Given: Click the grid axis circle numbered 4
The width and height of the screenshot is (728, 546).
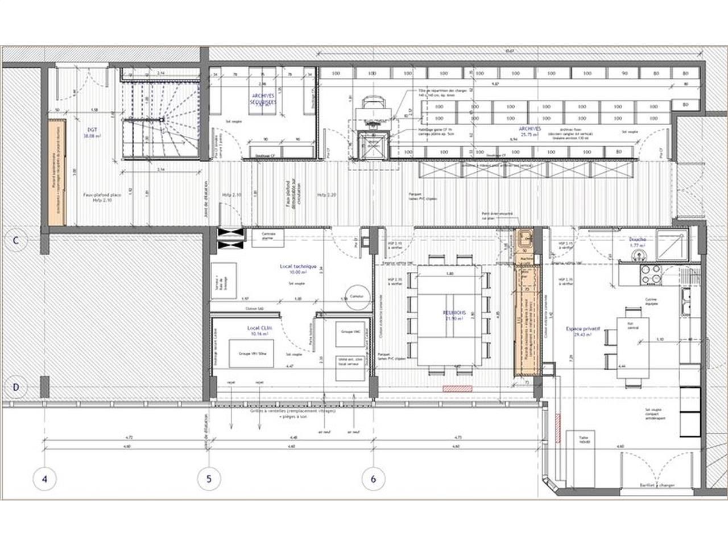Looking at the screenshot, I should click(x=44, y=478).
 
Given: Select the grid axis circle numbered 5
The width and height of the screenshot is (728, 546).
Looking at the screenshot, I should click(x=209, y=478).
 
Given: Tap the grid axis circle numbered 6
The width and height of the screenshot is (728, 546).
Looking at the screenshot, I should click(x=373, y=478).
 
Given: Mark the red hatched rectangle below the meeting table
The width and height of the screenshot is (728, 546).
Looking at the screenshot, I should click(x=458, y=388).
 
